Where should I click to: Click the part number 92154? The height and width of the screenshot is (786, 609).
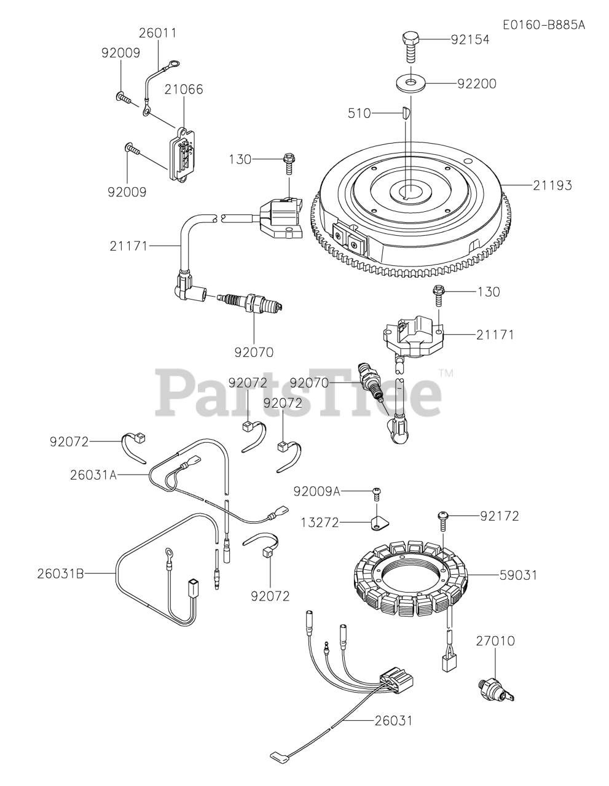[470, 40]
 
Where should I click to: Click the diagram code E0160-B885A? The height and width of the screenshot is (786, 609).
[543, 25]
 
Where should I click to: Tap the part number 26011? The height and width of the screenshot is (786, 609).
[157, 33]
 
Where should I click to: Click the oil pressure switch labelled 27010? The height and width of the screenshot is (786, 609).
[493, 688]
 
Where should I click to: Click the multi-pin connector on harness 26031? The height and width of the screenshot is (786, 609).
[396, 681]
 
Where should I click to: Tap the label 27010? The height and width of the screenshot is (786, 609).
[495, 641]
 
